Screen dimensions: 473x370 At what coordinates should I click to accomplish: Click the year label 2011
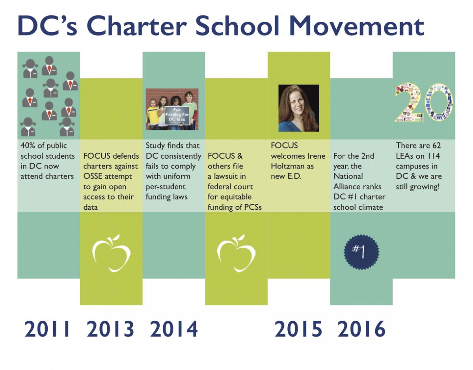coord(47,329)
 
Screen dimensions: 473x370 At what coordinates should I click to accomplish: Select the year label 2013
coord(110,329)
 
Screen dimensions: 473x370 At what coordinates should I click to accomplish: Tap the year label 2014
coord(174,329)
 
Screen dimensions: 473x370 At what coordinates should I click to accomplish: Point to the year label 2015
coord(298,329)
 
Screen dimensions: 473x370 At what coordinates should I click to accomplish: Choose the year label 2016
coord(361,329)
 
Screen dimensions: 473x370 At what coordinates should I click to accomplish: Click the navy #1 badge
coord(361,252)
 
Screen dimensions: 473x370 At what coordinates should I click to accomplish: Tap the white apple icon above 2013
coord(111,253)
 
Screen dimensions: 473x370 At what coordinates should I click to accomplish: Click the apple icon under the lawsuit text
coord(236,253)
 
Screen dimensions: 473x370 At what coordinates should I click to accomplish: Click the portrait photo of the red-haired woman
coord(299,108)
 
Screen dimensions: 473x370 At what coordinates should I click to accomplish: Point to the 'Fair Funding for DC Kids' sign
coord(177,116)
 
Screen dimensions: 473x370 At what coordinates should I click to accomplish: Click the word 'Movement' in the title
coord(357,26)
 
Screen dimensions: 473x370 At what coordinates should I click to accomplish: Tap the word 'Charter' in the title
coord(137,26)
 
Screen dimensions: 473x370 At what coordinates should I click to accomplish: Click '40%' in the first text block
coord(28,145)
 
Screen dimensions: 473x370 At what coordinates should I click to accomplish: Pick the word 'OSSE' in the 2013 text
coord(93,176)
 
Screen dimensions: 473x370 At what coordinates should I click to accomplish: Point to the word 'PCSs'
coord(253,207)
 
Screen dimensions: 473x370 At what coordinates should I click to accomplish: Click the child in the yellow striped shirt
coord(153,114)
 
